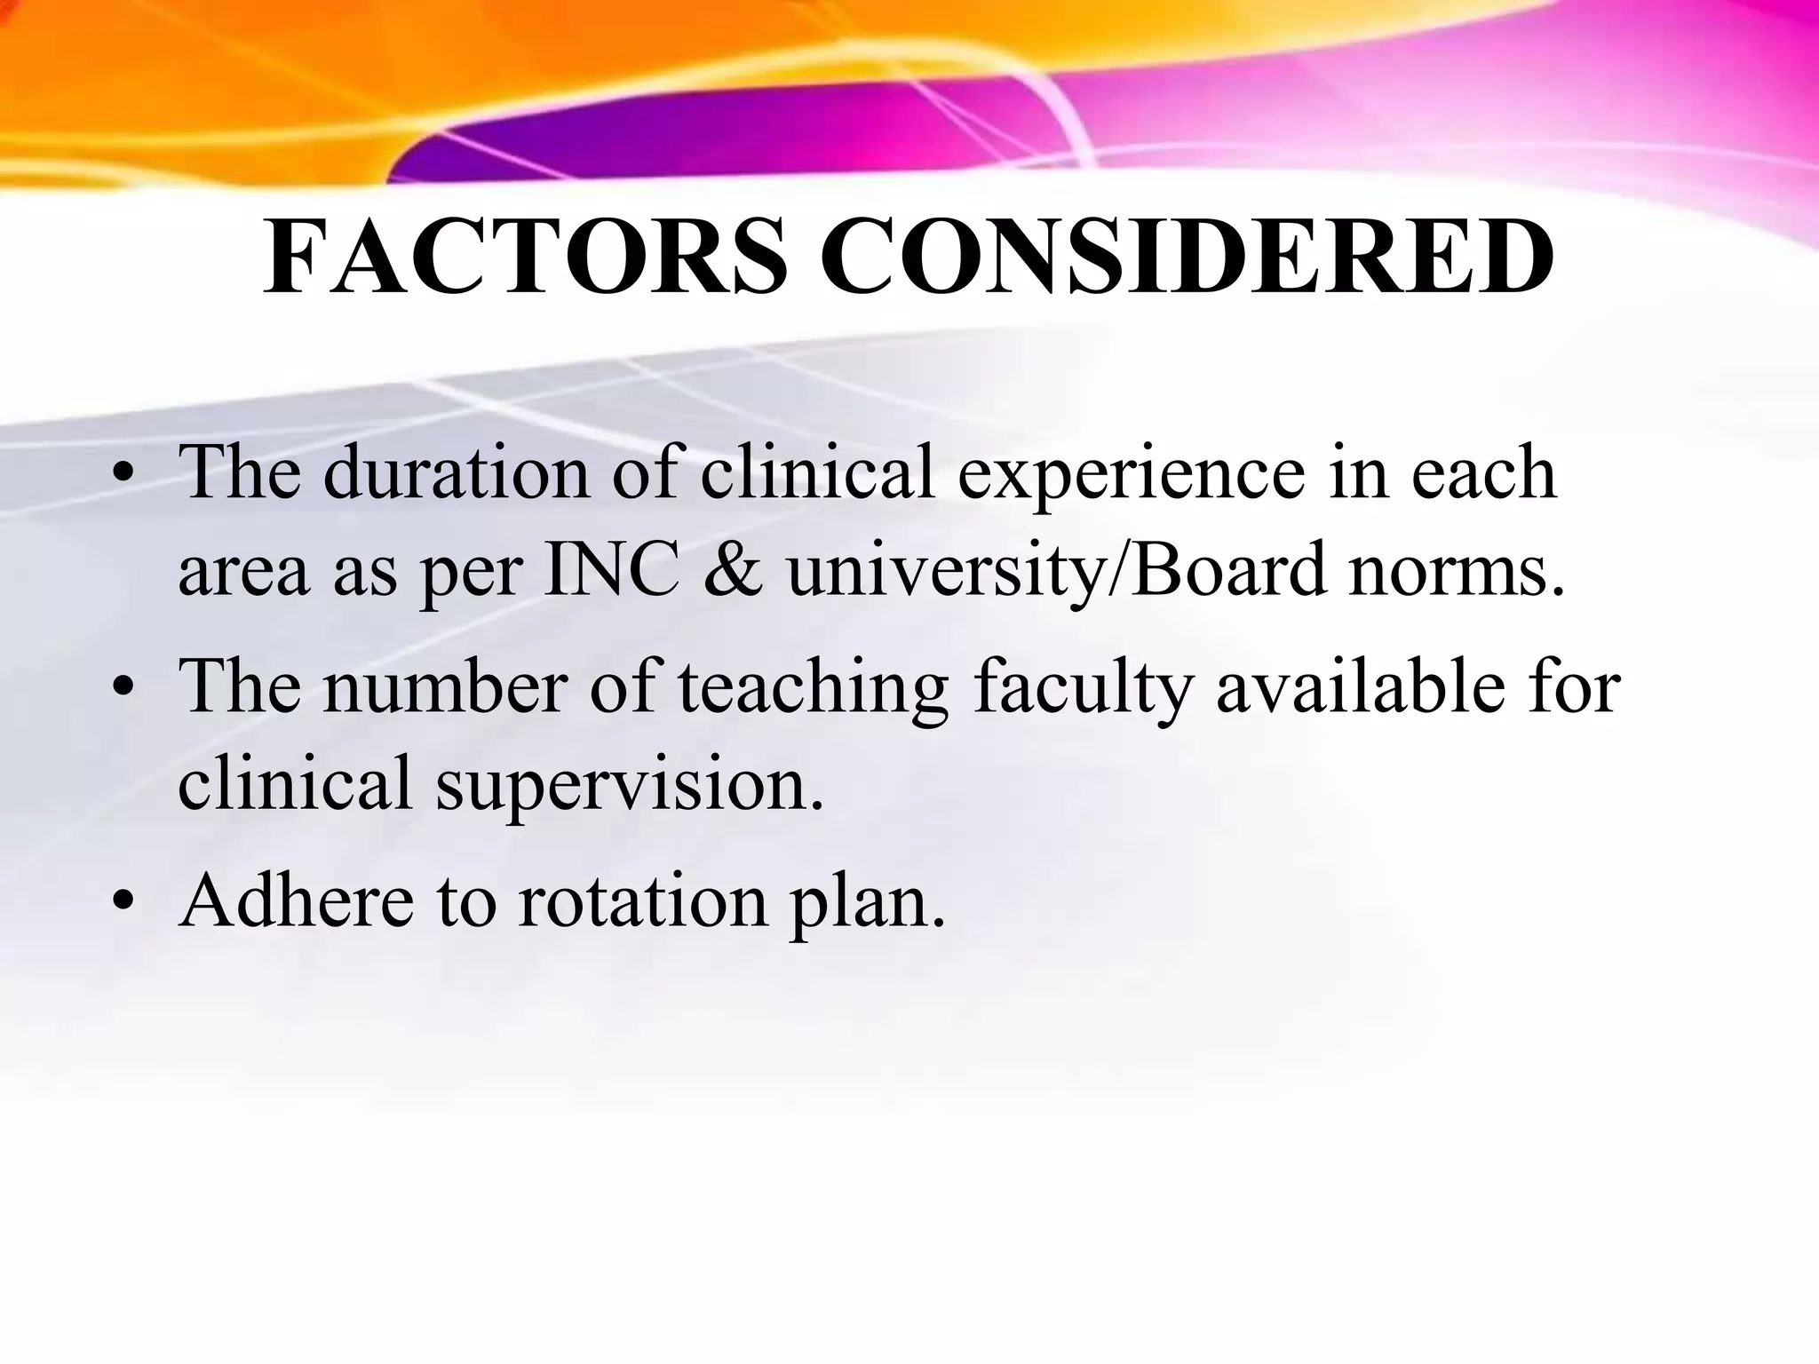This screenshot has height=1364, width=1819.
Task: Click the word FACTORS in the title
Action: click(x=525, y=257)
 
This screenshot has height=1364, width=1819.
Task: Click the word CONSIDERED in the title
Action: click(x=1187, y=257)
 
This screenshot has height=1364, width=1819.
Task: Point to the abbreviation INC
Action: click(x=613, y=570)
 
